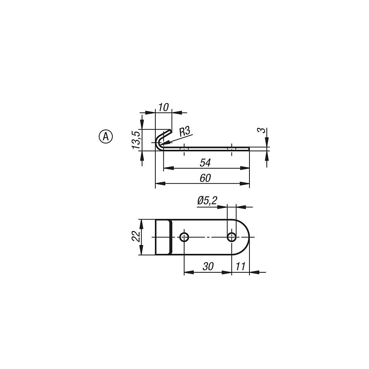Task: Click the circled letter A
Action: pos(106,136)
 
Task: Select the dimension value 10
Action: pos(163,107)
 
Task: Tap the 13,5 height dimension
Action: pos(136,140)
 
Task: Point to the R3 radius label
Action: pos(184,132)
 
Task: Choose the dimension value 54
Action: pos(205,163)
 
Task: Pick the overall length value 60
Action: pos(205,178)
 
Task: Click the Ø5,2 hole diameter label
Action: pos(207,201)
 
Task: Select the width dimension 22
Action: pos(136,236)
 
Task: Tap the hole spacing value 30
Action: pos(208,266)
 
